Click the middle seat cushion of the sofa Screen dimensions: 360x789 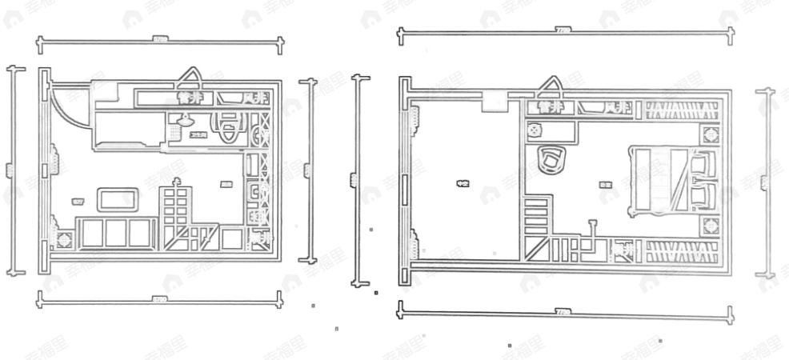pyautogui.click(x=117, y=233)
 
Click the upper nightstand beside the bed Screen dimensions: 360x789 pyautogui.click(x=710, y=133)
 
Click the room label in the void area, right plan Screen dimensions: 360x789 pyautogui.click(x=462, y=184)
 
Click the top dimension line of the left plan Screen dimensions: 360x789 pyautogui.click(x=160, y=38)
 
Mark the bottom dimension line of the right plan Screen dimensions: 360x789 pyautogui.click(x=564, y=311)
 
